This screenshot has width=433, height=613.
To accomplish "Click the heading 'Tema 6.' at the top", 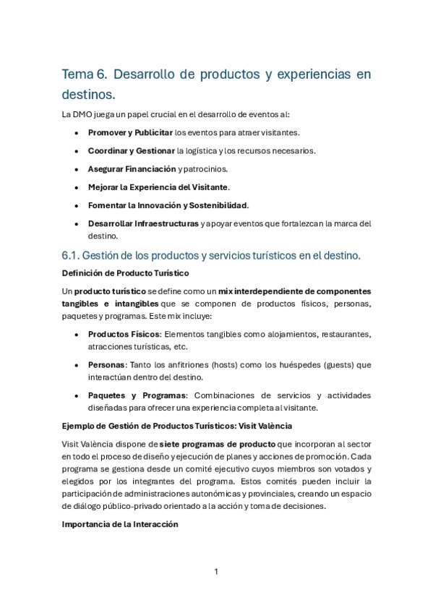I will [85, 74].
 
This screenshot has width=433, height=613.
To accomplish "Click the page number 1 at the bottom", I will [216, 572].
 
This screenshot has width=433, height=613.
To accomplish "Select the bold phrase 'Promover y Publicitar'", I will [130, 132].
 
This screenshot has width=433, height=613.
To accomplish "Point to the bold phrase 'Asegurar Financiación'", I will [132, 169].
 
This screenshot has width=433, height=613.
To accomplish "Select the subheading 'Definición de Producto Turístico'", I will [126, 273].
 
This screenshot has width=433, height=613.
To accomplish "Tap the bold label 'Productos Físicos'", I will [123, 334].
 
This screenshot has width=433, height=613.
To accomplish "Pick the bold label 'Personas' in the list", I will [107, 365].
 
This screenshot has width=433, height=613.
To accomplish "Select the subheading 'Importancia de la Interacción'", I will [120, 525].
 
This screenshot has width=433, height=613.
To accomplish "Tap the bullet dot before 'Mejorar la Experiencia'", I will [77, 188].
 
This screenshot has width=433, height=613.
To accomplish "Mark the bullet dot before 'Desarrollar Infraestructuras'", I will [77, 224].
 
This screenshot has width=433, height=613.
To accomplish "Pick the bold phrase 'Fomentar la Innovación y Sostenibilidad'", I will [168, 206].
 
